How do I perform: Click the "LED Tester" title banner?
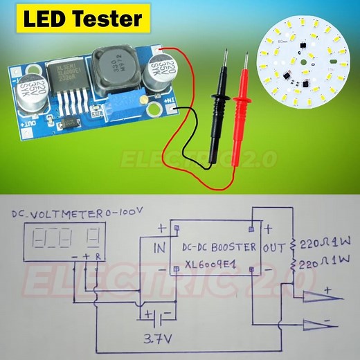click(x=82, y=19)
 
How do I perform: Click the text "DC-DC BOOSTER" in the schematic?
click(x=219, y=246)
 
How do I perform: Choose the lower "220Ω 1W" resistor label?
click(x=325, y=262)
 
